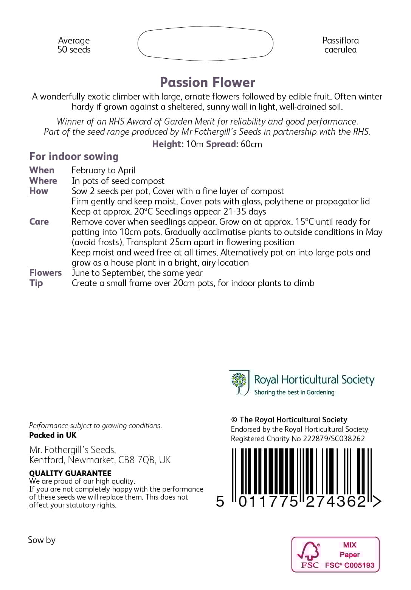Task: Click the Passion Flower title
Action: tap(207, 83)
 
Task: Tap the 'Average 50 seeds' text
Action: tap(74, 45)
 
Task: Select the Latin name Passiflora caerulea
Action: tap(340, 45)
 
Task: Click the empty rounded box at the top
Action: tap(205, 44)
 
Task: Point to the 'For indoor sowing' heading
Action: tap(74, 156)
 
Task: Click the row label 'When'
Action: tap(42, 170)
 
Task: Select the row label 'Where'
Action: tap(43, 181)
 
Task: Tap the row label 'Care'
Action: tap(39, 222)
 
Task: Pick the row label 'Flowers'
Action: tap(45, 273)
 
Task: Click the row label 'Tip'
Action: tap(36, 283)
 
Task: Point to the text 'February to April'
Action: tap(103, 170)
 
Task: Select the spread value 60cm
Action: tap(251, 144)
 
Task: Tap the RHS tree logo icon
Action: tap(239, 383)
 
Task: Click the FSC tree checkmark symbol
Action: tap(308, 551)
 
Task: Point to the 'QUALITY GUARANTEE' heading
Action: tap(70, 473)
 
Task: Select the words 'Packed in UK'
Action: tap(53, 435)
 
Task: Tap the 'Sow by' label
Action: tap(42, 540)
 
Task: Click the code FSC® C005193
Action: tap(349, 565)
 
